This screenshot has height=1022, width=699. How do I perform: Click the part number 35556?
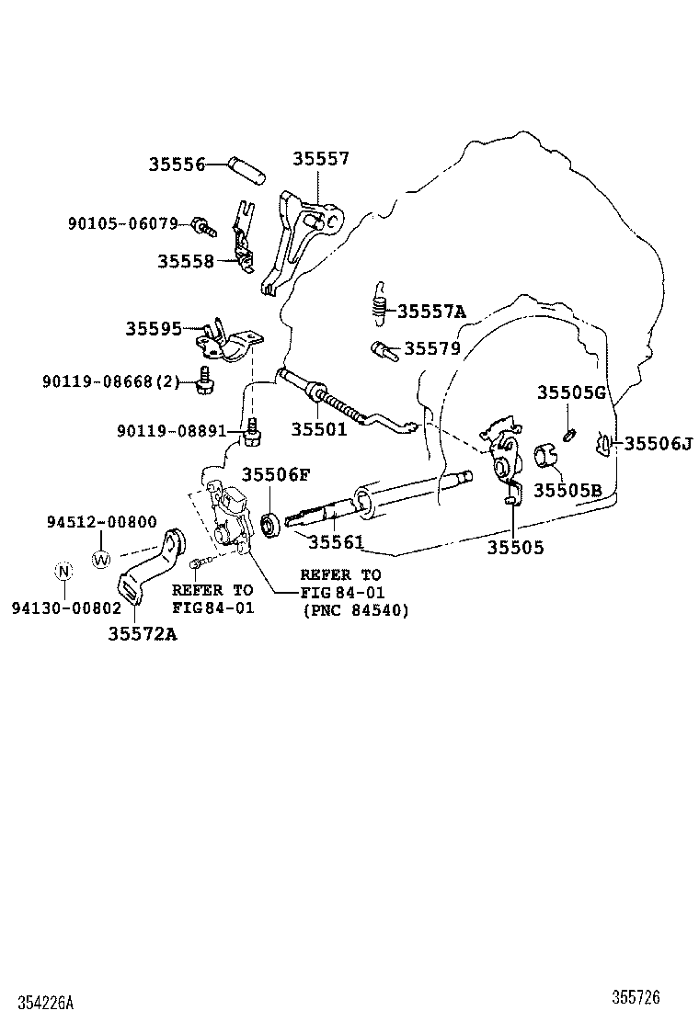click(177, 165)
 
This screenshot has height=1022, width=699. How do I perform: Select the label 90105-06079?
click(122, 223)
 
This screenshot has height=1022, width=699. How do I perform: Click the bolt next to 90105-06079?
click(202, 225)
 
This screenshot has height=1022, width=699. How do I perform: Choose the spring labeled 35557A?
click(378, 302)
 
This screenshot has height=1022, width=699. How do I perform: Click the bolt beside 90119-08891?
click(252, 431)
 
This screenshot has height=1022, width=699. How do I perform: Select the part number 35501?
click(319, 428)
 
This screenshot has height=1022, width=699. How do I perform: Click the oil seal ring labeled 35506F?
click(271, 525)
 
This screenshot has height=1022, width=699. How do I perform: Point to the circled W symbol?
click(101, 557)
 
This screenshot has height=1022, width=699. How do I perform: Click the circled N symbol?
click(63, 571)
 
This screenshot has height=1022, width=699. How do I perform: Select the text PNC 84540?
click(356, 609)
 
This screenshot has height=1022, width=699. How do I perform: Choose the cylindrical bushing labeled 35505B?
click(545, 457)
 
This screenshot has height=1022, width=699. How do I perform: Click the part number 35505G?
click(571, 393)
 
